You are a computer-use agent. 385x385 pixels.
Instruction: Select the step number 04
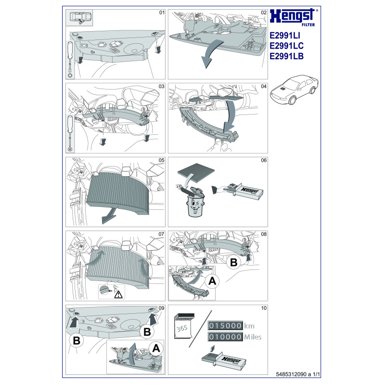pyautogui.click(x=263, y=87)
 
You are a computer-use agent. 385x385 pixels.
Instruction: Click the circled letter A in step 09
pyautogui.click(x=155, y=348)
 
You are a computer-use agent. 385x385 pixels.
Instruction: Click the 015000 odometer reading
pyautogui.click(x=224, y=325)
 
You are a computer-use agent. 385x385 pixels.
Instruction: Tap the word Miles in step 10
pyautogui.click(x=253, y=337)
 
